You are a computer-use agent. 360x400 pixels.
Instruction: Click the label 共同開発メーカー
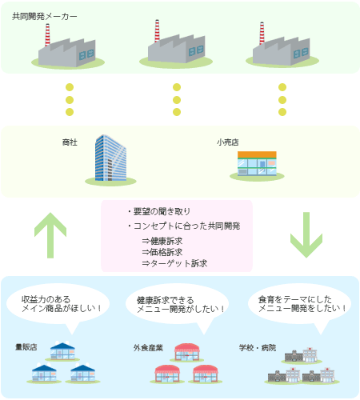45,17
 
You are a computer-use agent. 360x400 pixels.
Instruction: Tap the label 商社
70,142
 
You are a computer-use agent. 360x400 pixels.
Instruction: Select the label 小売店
227,142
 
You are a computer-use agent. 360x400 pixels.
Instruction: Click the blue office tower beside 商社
110,158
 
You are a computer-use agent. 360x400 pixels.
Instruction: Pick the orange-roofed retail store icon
257,163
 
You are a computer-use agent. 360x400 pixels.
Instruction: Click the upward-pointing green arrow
50,235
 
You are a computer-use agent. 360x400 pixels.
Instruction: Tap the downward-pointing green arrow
306,235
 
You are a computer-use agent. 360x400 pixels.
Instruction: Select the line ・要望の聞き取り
158,212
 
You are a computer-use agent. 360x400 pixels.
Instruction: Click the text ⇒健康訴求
162,241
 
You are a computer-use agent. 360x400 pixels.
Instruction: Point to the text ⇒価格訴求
162,252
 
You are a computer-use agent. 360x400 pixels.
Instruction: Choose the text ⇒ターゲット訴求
174,263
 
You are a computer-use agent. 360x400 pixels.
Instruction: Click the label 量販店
26,347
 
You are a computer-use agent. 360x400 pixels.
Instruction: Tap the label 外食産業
148,348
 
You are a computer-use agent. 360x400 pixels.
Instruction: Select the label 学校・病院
258,348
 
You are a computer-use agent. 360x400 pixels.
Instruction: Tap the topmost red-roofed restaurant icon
187,352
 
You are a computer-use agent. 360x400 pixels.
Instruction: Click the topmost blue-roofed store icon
62,350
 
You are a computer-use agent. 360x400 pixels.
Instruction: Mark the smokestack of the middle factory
157,31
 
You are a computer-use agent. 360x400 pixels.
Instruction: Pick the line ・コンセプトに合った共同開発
184,226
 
